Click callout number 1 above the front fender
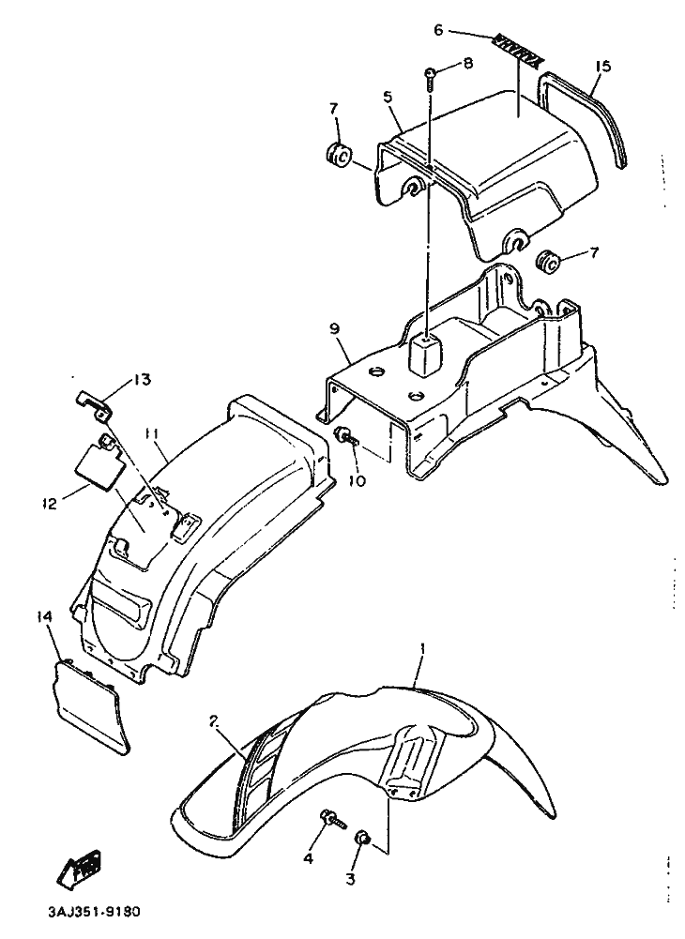point(422,649)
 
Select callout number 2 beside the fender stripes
point(214,721)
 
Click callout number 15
point(602,66)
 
